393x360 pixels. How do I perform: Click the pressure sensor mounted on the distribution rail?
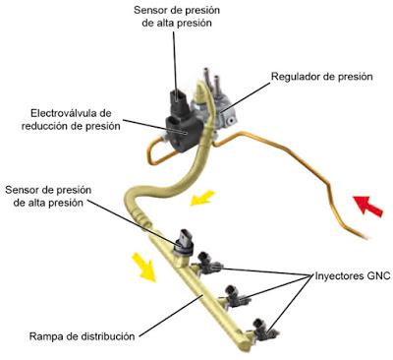click(185, 242)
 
